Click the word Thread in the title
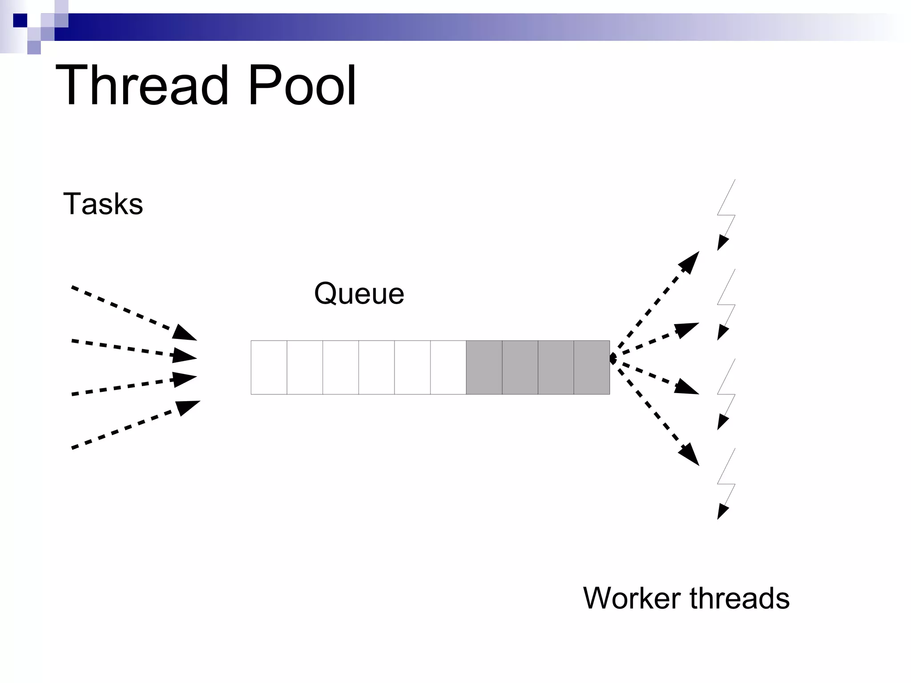click(147, 85)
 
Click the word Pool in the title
click(302, 85)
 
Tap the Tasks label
click(103, 204)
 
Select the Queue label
click(359, 293)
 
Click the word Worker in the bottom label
click(632, 598)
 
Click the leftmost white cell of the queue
click(269, 367)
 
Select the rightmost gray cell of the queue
click(592, 367)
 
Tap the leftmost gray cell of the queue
click(484, 367)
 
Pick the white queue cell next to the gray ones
click(448, 367)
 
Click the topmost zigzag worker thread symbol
click(726, 215)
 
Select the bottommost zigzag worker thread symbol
click(726, 484)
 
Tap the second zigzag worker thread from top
click(726, 305)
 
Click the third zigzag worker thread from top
click(726, 394)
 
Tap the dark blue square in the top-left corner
click(20, 20)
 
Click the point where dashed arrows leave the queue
click(612, 358)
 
